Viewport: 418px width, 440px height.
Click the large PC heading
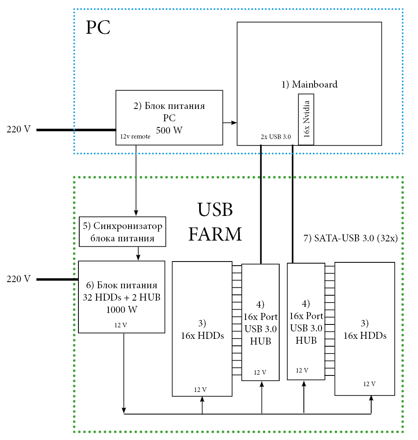[x=98, y=28]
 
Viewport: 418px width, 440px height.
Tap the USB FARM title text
[x=215, y=222]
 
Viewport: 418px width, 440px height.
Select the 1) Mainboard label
[x=309, y=85]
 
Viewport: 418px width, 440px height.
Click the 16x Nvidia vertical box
[x=306, y=119]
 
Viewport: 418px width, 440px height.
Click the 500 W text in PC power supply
[x=169, y=130]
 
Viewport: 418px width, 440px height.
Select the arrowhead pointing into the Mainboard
[x=234, y=123]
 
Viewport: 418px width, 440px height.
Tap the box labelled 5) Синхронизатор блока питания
[x=122, y=232]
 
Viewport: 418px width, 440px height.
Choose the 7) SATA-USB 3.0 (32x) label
[x=350, y=238]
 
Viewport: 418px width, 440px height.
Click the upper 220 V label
[x=18, y=130]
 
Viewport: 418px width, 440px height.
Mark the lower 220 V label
[x=18, y=279]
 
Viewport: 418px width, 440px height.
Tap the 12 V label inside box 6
[x=121, y=325]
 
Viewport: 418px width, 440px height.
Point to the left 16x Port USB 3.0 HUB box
[x=260, y=322]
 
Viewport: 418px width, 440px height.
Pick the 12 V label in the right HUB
[x=302, y=371]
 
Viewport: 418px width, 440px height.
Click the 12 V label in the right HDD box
[x=369, y=384]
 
